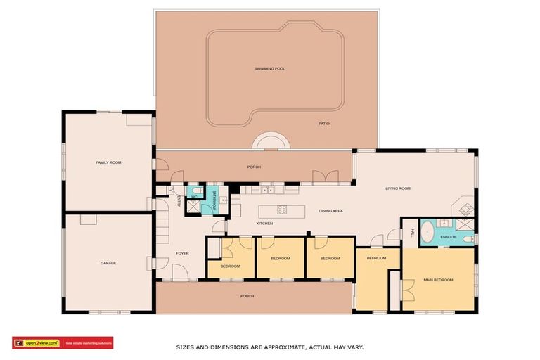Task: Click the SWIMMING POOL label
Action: click(269, 68)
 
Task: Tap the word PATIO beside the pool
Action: click(323, 124)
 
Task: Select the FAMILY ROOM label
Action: click(108, 162)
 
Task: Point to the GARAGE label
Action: click(108, 263)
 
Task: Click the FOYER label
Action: click(182, 253)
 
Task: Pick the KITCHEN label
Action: click(264, 224)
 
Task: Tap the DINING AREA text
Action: click(330, 211)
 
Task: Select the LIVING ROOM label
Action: click(397, 188)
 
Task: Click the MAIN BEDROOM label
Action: click(438, 280)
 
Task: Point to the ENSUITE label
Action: click(449, 237)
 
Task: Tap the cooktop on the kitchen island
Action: click(282, 209)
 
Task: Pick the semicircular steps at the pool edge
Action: click(271, 143)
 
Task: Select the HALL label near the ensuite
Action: click(412, 233)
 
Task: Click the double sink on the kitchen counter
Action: click(267, 190)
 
